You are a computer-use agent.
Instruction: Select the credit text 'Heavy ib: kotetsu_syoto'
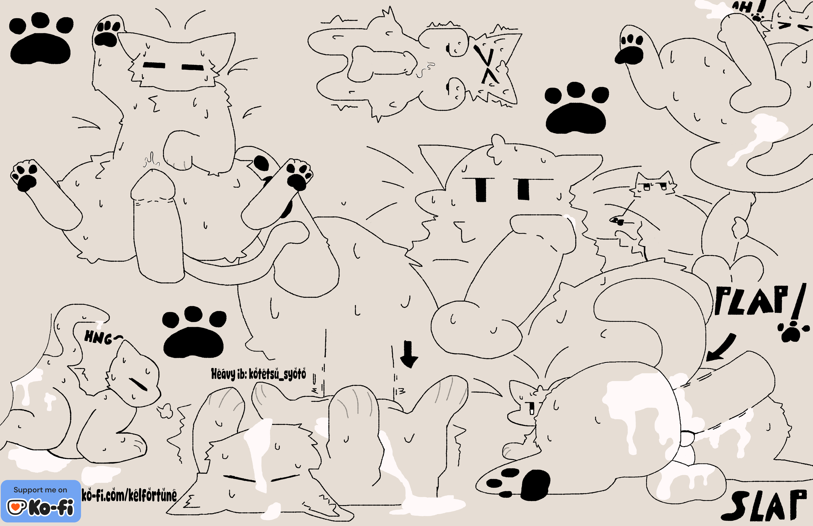258,374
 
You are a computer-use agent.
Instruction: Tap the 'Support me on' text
40,490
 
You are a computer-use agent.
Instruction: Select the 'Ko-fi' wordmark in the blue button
51,507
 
